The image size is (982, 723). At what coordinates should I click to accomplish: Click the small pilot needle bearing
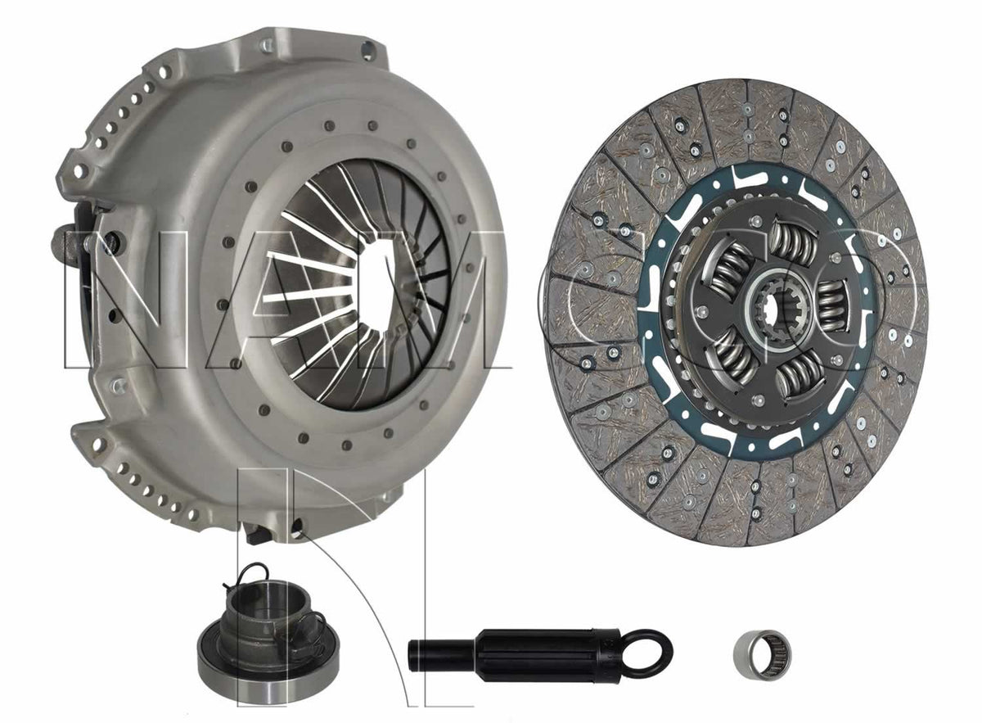coord(760,647)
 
